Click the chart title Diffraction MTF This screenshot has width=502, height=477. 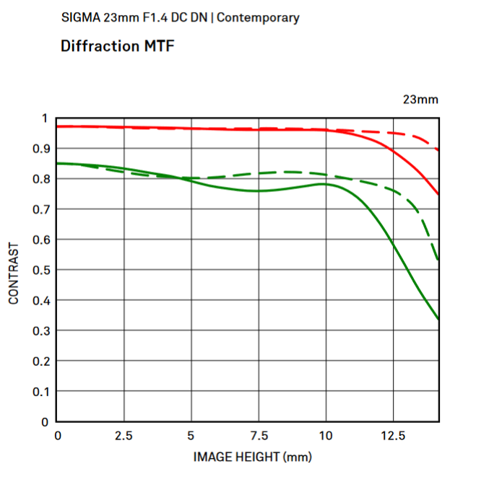coord(118,46)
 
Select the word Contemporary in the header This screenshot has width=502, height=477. coord(258,17)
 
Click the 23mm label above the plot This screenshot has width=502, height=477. coord(420,100)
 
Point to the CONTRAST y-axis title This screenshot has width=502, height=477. coord(14,273)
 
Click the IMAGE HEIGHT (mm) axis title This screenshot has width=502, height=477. coord(251,457)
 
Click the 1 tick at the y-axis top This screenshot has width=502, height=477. coord(45,118)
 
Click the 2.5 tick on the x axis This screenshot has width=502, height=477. coord(124,436)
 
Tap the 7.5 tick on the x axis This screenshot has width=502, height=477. coord(259,436)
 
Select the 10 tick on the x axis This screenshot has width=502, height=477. coord(326,436)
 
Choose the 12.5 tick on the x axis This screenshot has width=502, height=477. coord(393,436)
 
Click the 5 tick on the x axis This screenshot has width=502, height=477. coord(191,436)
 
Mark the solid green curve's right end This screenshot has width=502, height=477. coord(438,318)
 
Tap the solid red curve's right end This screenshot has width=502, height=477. coord(438,194)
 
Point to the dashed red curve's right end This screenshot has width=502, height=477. coord(438,149)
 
